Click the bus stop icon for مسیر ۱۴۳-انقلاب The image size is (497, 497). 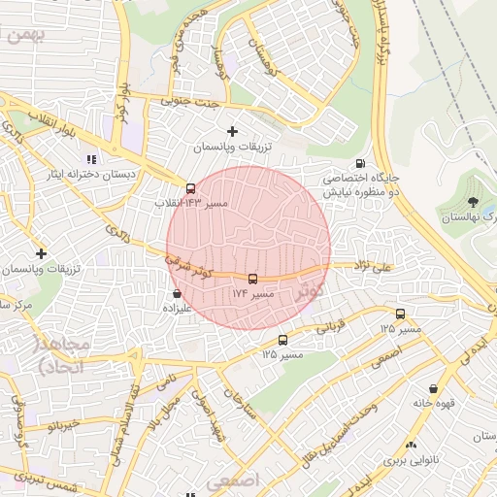[190, 188]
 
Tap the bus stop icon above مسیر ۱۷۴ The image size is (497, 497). [253, 279]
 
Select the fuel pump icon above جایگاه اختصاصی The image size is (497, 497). [361, 164]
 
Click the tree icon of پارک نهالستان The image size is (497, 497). [473, 202]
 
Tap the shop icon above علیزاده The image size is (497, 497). [176, 292]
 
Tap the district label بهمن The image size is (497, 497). [23, 37]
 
